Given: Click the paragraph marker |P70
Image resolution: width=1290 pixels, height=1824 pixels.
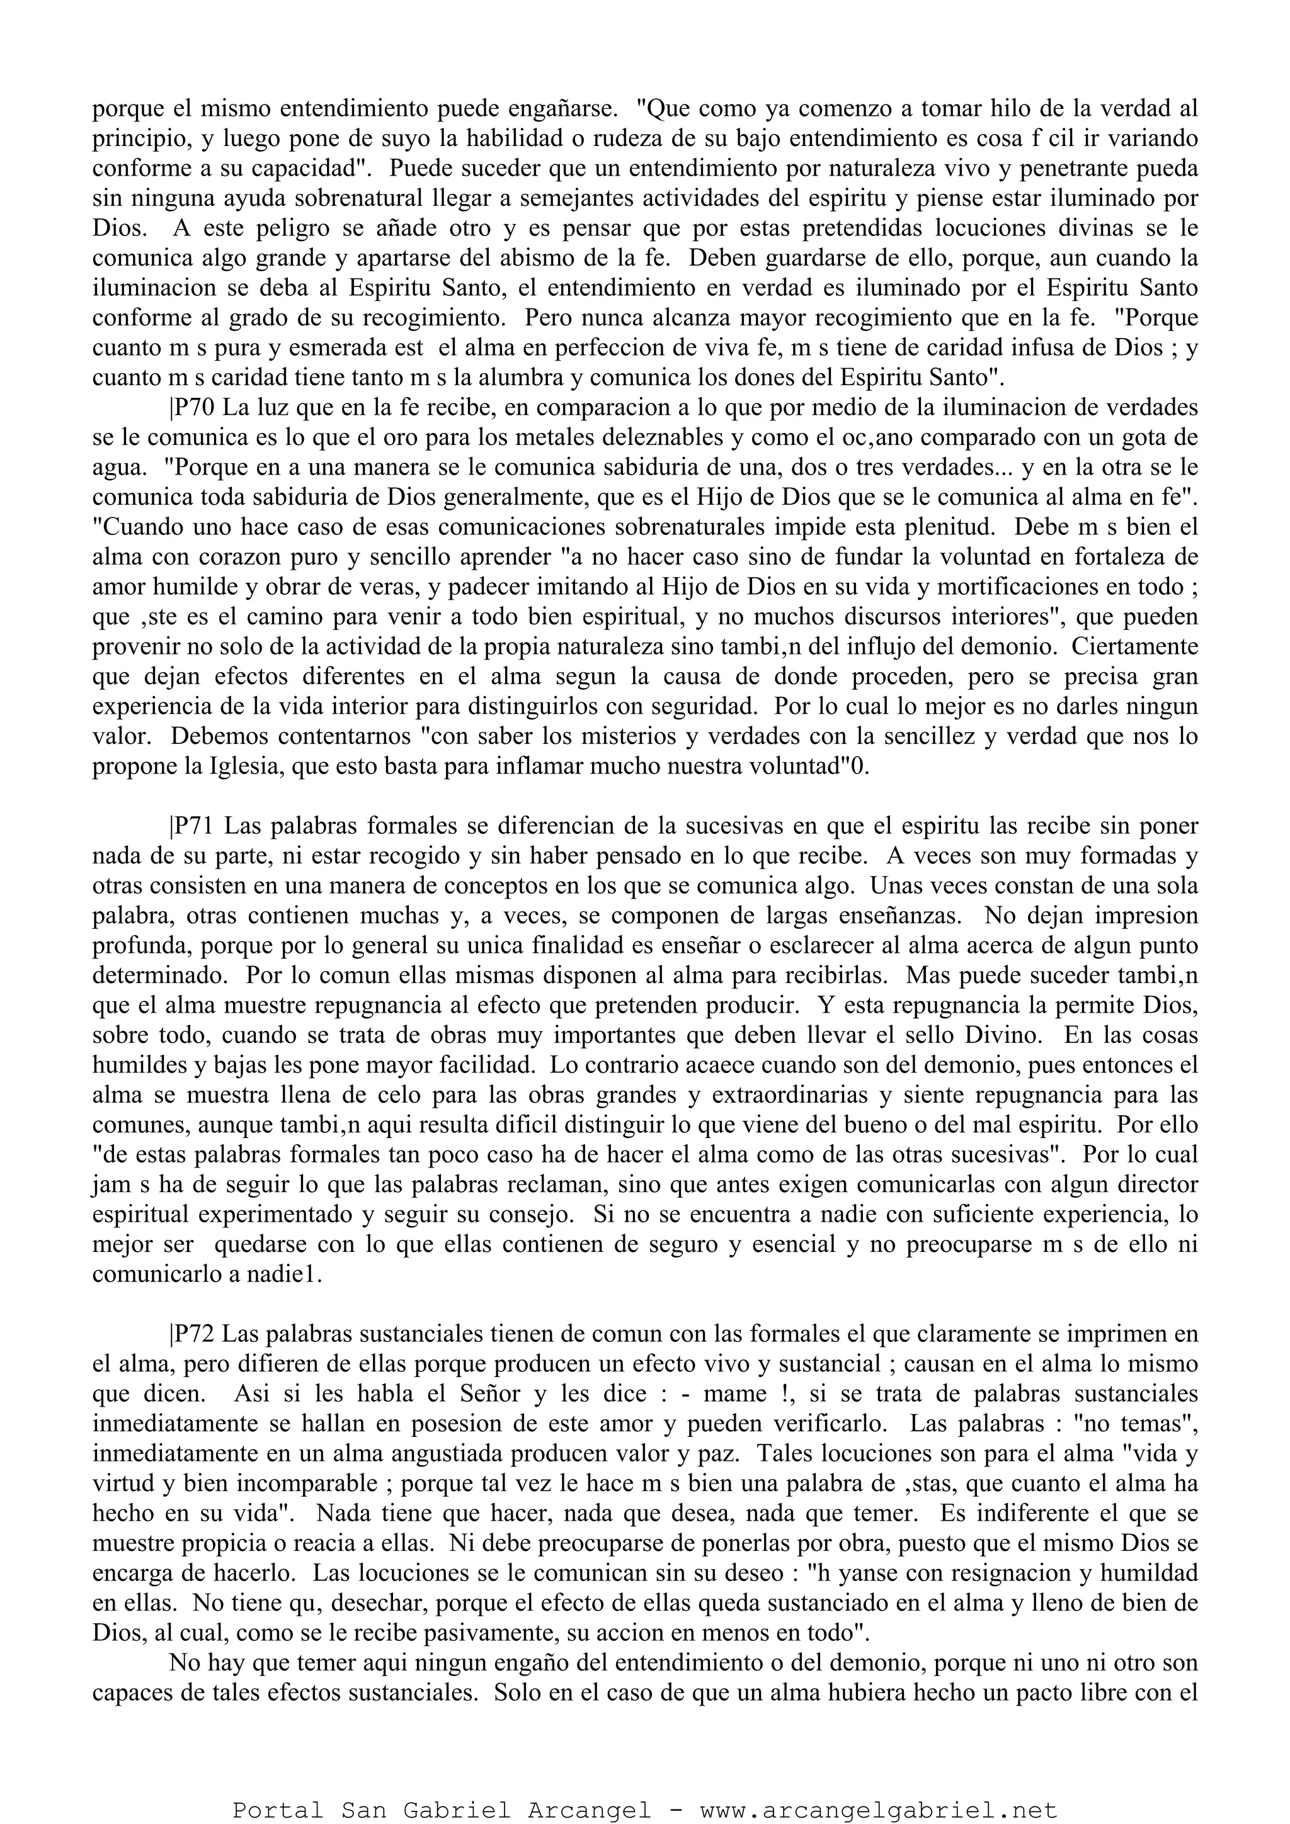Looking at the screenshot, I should [191, 408].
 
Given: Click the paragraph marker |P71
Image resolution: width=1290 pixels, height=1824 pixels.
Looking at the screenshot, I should [192, 826].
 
